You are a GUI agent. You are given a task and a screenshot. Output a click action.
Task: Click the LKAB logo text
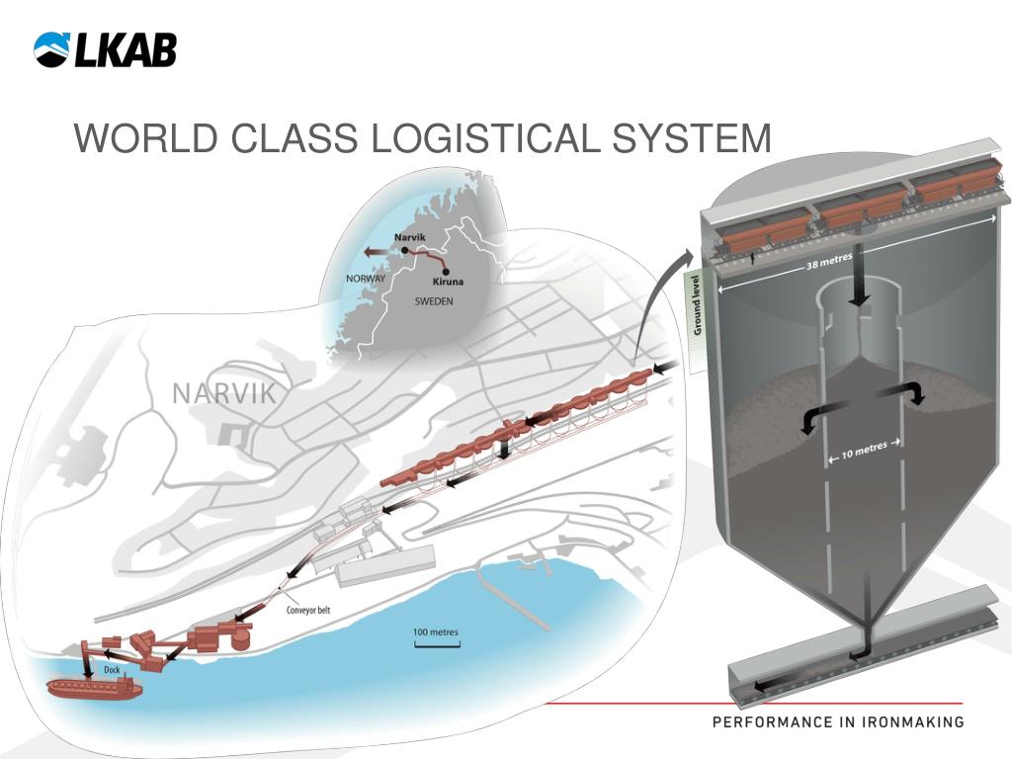click(x=126, y=49)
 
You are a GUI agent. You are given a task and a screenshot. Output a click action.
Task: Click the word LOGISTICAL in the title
click(x=482, y=138)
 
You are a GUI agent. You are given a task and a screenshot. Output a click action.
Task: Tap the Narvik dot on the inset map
click(x=405, y=251)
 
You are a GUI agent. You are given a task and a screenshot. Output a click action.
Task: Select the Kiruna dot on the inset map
click(x=447, y=271)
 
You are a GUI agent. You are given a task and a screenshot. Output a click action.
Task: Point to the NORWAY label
click(x=365, y=279)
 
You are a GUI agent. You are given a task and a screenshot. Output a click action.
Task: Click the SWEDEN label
click(x=433, y=301)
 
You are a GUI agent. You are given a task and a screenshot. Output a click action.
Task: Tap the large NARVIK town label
click(x=224, y=393)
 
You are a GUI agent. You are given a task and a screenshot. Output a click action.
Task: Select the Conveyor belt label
click(x=308, y=610)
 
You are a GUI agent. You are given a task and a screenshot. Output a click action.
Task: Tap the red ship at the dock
click(x=95, y=687)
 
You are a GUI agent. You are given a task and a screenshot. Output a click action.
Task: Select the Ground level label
click(x=697, y=307)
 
